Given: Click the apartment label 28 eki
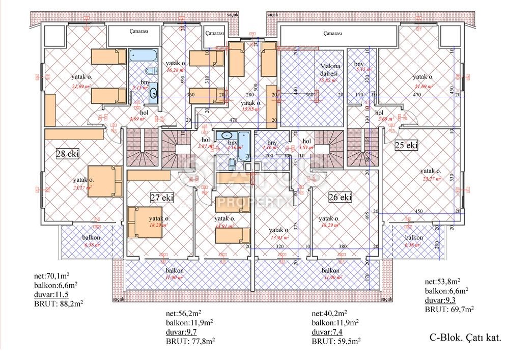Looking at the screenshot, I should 67,153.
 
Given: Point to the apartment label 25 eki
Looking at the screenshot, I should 406,146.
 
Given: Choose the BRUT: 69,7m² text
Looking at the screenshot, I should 449,309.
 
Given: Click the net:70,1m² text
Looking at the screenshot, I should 51,278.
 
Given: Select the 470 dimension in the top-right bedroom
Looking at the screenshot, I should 417,95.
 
